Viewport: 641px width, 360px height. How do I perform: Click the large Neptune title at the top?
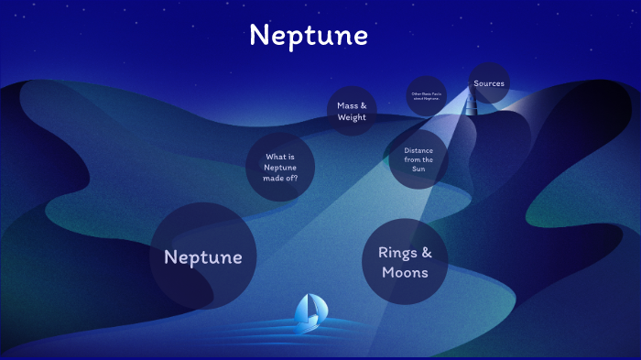tap(308, 35)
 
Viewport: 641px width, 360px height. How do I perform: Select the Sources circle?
tap(489, 83)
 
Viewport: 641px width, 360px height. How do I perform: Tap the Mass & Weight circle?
tap(351, 111)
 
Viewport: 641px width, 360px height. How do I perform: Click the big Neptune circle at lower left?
tap(202, 256)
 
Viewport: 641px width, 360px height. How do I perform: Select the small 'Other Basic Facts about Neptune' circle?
tap(426, 94)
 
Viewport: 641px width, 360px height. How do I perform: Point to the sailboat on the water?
tap(308, 313)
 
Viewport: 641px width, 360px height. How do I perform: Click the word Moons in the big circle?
tap(405, 272)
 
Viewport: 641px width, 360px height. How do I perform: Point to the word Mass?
tap(347, 105)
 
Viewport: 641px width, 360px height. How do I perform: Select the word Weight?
tap(351, 117)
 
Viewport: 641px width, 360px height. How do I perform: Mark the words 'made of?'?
tap(280, 178)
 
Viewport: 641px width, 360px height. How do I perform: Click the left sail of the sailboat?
tap(303, 309)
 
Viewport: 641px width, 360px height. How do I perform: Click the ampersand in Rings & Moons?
tap(425, 251)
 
